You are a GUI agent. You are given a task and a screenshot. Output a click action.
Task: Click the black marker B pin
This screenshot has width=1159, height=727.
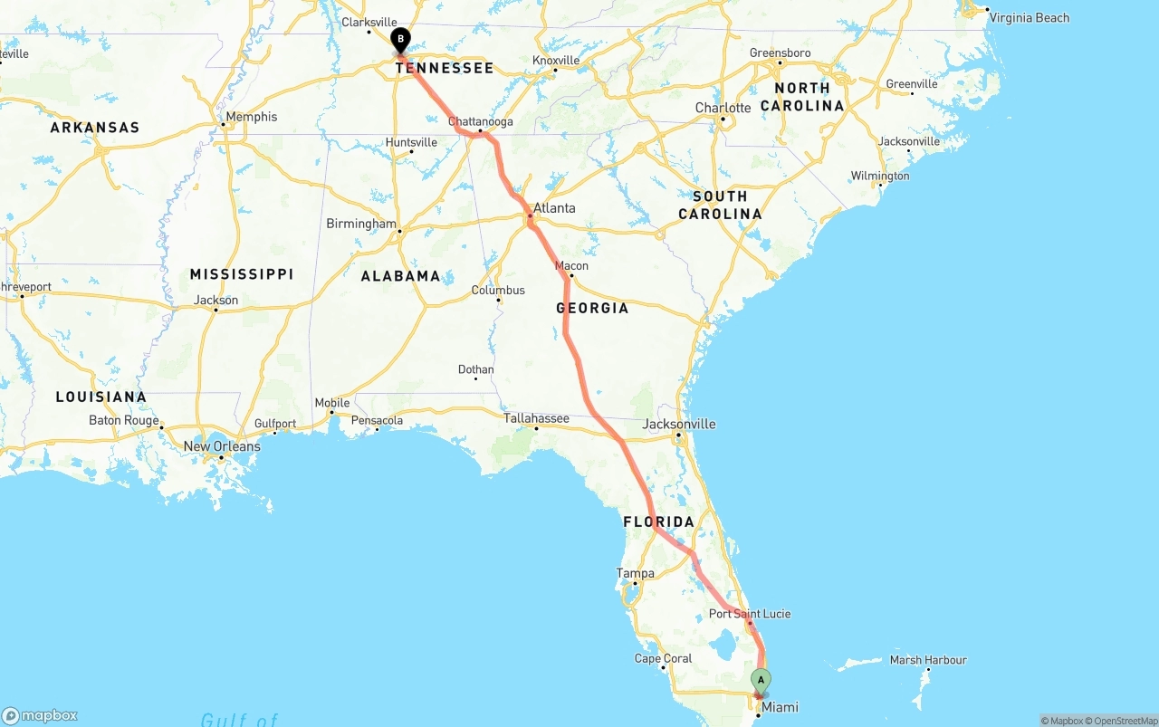[x=400, y=40]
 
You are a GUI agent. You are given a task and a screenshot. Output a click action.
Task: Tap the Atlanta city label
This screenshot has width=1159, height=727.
[x=554, y=208]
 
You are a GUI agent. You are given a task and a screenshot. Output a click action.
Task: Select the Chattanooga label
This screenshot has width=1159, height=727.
[x=481, y=122]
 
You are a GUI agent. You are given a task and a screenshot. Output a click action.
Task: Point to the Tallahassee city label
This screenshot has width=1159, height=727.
[x=536, y=418]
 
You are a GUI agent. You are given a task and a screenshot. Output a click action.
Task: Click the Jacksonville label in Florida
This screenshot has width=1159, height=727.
[x=679, y=424]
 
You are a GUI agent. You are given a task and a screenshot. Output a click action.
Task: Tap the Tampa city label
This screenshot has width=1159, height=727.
[x=635, y=573]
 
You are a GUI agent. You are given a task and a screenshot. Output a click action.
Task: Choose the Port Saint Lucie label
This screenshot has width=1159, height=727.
[x=750, y=614]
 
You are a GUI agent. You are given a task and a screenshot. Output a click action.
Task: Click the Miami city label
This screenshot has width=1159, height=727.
[x=780, y=707]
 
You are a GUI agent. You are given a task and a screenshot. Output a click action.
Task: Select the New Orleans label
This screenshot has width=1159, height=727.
[x=222, y=446]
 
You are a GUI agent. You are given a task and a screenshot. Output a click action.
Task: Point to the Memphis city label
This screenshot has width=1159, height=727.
[x=252, y=117]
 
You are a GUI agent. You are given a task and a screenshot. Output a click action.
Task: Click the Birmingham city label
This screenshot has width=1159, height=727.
[x=361, y=224]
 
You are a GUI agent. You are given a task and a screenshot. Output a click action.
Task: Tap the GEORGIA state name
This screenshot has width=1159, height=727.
[x=592, y=308]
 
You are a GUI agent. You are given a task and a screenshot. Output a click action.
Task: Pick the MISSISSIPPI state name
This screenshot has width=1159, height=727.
[x=242, y=273]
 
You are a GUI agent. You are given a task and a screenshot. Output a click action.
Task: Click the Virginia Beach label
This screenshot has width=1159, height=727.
[x=1029, y=17]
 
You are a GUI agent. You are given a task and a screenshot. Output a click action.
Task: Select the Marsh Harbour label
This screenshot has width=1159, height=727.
[x=928, y=660]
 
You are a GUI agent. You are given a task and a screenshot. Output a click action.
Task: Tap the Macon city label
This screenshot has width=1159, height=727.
[x=571, y=266]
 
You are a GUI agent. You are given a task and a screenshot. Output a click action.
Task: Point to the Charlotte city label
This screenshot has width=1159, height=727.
[x=723, y=108]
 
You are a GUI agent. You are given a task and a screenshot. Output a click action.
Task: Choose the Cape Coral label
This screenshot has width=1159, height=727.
[x=663, y=658]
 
